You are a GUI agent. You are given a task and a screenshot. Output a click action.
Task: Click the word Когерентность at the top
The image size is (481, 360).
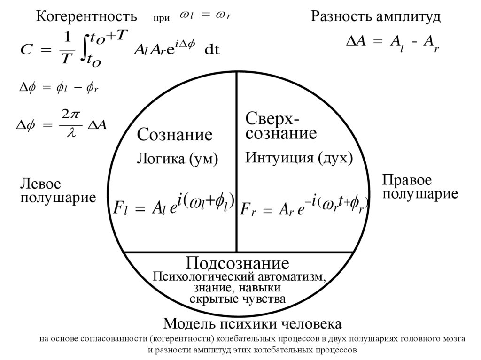86,17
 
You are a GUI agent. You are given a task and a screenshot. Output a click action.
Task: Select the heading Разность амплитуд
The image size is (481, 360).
375,17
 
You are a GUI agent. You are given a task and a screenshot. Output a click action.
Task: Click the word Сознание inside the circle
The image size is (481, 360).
175,135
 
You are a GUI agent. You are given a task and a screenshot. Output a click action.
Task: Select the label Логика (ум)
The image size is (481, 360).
178,159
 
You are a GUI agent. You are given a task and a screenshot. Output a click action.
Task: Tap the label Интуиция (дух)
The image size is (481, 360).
299,158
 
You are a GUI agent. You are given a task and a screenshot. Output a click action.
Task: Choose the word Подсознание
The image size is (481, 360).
237,263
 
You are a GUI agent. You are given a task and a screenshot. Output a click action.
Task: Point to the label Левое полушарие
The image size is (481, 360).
58,190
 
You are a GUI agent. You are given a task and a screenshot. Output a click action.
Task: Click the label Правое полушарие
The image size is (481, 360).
420,187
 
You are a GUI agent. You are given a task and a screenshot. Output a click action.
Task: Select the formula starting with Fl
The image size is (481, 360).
174,205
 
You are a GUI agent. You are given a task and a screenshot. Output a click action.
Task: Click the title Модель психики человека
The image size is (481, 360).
252,324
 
